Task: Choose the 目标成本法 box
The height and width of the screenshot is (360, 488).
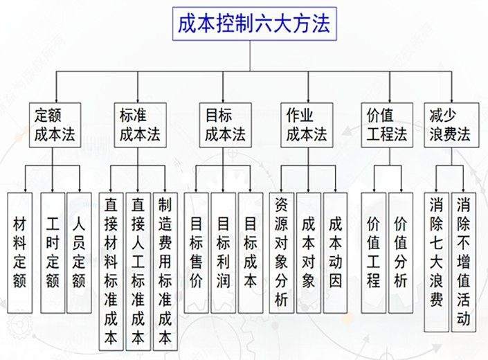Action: (x=225, y=125)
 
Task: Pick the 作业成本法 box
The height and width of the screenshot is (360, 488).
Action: (x=305, y=125)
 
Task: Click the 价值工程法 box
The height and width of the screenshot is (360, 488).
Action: (x=386, y=125)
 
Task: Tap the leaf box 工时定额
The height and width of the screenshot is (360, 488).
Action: (x=52, y=253)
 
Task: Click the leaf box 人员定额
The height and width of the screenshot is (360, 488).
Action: (x=79, y=253)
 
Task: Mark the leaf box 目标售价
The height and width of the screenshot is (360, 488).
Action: (x=197, y=253)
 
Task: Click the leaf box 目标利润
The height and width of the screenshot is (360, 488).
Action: (x=224, y=253)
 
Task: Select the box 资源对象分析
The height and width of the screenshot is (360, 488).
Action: (x=281, y=253)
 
